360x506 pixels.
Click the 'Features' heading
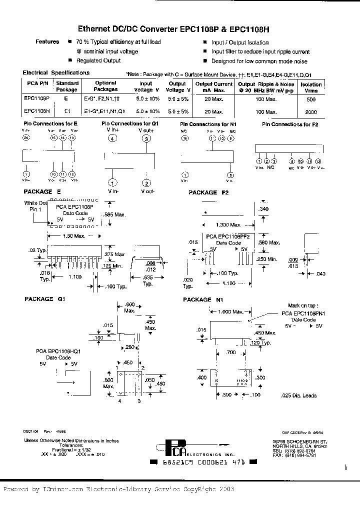(47, 42)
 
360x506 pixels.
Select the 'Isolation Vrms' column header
(311, 87)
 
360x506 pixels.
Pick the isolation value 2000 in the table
(310, 112)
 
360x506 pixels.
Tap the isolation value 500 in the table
(310, 99)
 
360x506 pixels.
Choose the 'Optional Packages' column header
(105, 86)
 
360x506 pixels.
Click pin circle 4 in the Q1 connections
(113, 139)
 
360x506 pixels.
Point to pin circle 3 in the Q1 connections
(146, 139)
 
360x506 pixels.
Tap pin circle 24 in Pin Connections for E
(26, 137)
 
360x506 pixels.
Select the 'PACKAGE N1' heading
(203, 300)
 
